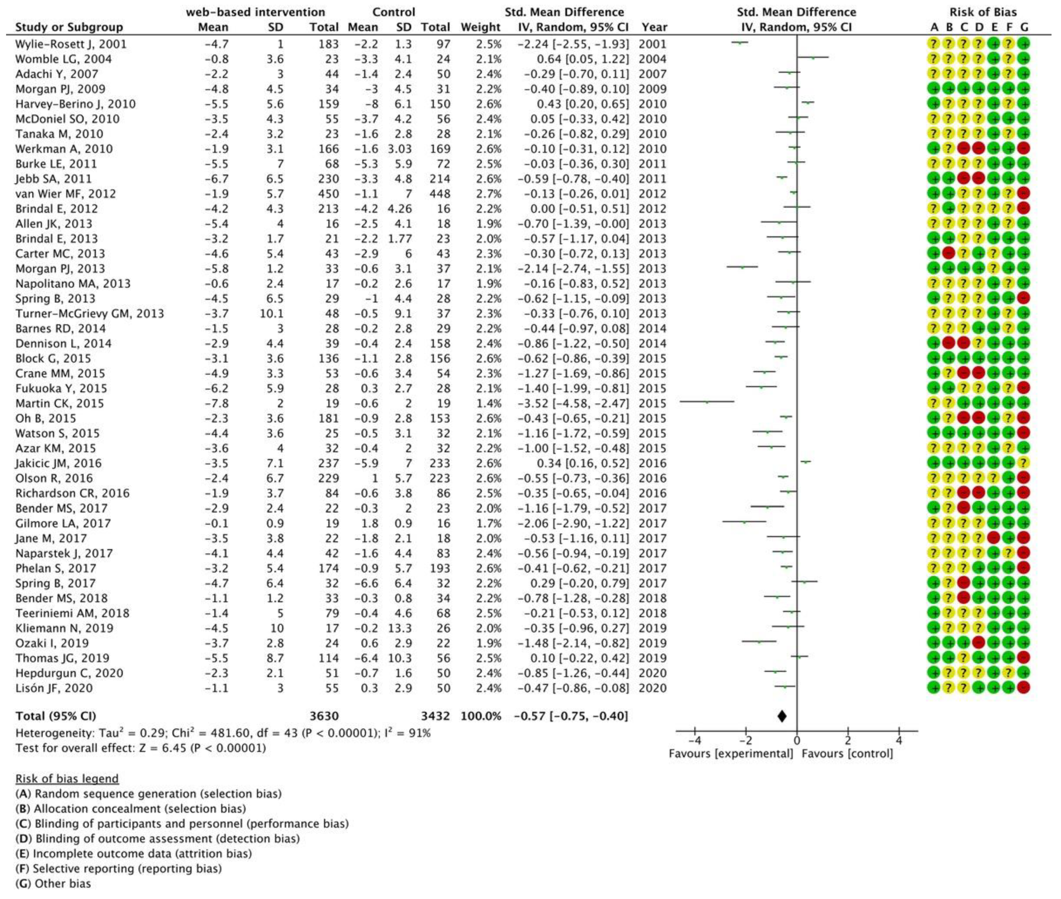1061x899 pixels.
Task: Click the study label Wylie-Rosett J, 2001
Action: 70,44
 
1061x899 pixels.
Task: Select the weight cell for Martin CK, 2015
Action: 488,403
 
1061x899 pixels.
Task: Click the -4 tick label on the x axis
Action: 694,740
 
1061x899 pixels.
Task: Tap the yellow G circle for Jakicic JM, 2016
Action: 1024,463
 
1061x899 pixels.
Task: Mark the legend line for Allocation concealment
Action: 130,808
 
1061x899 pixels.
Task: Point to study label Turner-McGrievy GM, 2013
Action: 90,313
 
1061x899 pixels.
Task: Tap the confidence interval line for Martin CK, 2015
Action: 707,402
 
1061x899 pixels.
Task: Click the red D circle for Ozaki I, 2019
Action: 978,643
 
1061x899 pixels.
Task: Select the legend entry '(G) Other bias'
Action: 53,883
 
